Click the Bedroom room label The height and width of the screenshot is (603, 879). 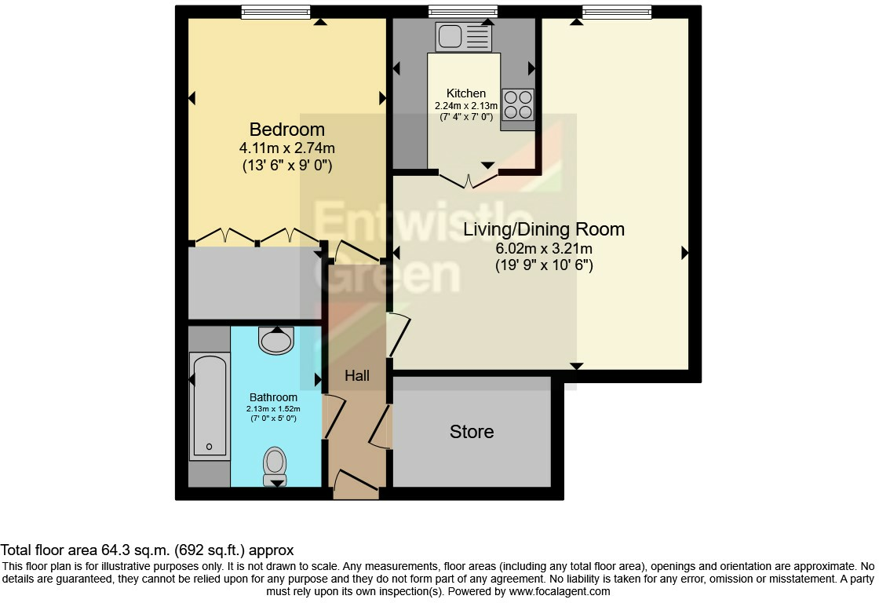[x=287, y=130]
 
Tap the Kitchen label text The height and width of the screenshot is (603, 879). [x=466, y=93]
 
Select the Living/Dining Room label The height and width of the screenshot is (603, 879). [x=544, y=228]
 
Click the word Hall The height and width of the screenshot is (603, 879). [x=357, y=375]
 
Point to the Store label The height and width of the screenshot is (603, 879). [x=472, y=431]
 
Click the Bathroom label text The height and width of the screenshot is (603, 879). [x=274, y=397]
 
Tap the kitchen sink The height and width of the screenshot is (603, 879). [x=464, y=36]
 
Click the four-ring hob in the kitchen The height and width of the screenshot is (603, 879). [x=518, y=104]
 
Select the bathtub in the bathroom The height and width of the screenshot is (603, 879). [x=210, y=406]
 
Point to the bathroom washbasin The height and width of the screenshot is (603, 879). [x=276, y=341]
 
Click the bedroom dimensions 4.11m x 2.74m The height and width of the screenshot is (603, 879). [x=287, y=148]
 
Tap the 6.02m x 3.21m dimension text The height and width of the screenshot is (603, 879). [x=544, y=248]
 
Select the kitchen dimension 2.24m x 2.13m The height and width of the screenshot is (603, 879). [x=466, y=105]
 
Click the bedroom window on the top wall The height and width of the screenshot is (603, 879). [x=275, y=12]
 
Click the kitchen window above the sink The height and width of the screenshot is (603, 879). [x=463, y=12]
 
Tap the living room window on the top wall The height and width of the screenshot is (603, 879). [x=617, y=12]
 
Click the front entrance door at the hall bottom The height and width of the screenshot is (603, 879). [x=356, y=485]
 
